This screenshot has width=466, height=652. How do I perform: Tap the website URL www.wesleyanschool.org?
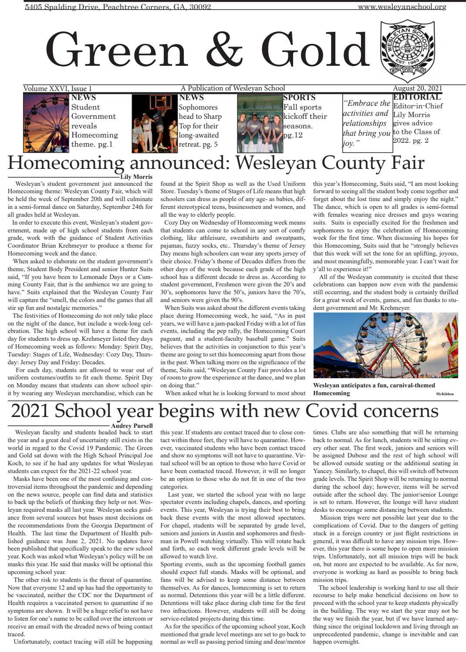coord(402,7)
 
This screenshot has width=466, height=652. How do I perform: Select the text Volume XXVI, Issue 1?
coord(57,88)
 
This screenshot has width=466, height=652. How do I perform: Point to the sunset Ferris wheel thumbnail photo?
coord(46,123)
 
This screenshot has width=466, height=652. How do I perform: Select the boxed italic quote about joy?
coord(367,123)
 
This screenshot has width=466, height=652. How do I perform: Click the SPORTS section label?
coord(299,97)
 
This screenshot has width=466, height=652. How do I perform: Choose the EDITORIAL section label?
coord(417,97)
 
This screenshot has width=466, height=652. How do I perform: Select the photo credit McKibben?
coord(444,394)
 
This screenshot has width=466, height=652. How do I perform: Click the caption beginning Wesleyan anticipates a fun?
coord(374,389)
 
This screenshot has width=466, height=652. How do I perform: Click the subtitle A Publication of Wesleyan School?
coord(233,88)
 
